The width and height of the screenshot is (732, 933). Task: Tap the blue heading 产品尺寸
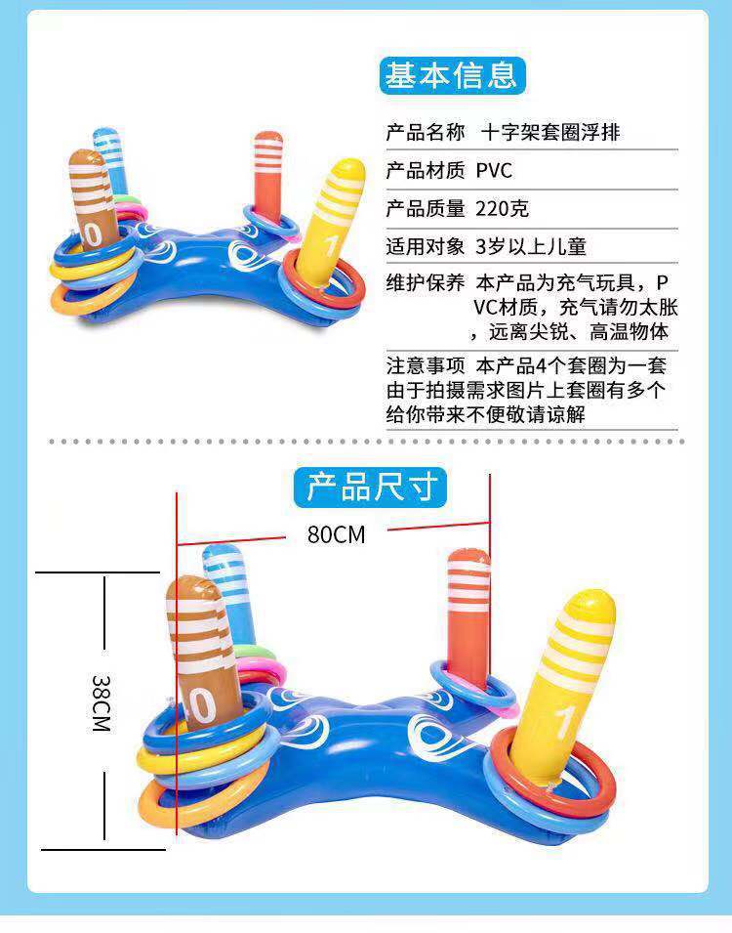pyautogui.click(x=370, y=486)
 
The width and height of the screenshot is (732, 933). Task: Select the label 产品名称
pyautogui.click(x=426, y=133)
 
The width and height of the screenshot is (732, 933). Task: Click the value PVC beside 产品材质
pyautogui.click(x=494, y=171)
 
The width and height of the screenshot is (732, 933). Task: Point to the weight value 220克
pyautogui.click(x=503, y=208)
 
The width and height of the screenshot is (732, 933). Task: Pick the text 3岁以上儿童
pyautogui.click(x=531, y=246)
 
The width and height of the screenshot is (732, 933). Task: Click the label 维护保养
pyautogui.click(x=426, y=283)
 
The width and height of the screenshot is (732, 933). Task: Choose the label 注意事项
pyautogui.click(x=426, y=366)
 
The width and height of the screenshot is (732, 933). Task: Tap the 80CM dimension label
pyautogui.click(x=336, y=534)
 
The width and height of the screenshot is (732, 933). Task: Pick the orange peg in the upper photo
pyautogui.click(x=266, y=171)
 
